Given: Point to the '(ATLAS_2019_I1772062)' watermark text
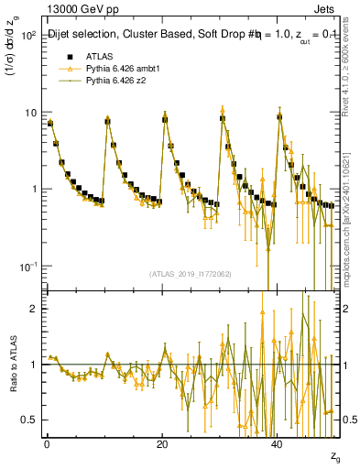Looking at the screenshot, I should pos(191,274).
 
